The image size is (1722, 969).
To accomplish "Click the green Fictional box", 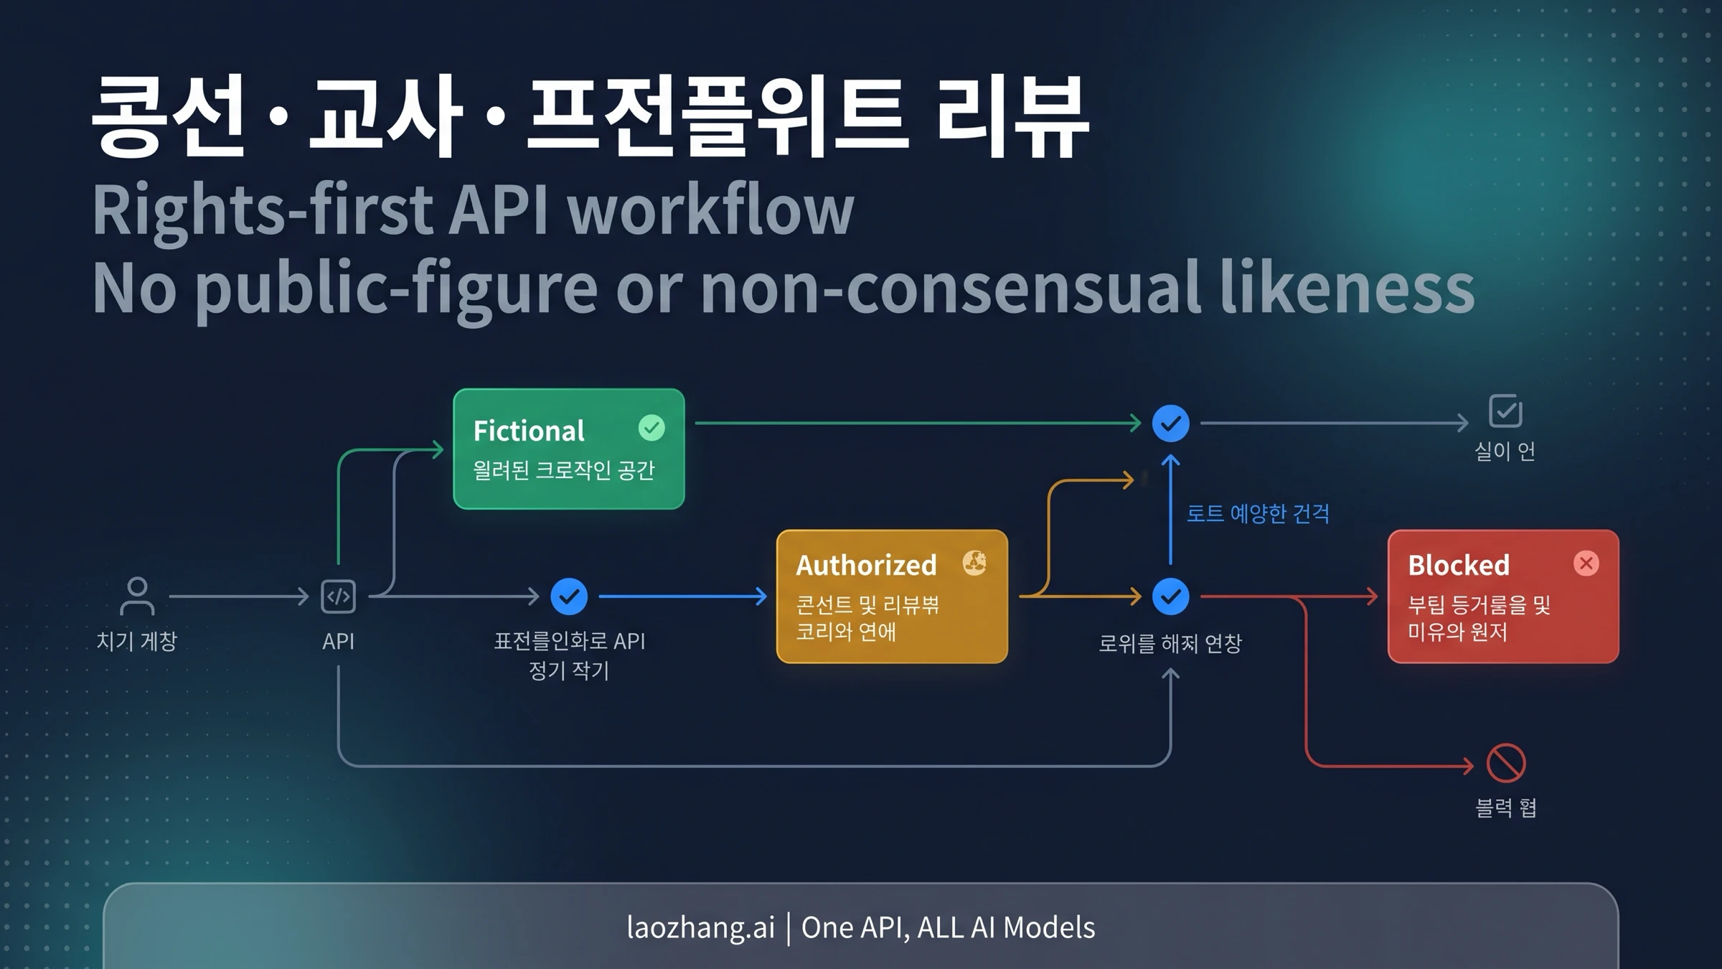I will click(x=568, y=449).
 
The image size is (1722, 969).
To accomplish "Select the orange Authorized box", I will click(x=892, y=596).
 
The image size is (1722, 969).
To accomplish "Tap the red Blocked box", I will click(x=1502, y=596).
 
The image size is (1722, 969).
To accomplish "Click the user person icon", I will click(x=136, y=596).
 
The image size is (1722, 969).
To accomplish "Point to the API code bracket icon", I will click(x=338, y=596).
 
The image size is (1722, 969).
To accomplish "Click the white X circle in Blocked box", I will click(x=1586, y=563).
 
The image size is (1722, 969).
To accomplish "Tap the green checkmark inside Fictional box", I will click(x=651, y=428).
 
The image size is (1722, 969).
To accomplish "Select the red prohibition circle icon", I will click(x=1505, y=763).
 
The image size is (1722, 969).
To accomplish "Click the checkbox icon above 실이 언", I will click(x=1505, y=411).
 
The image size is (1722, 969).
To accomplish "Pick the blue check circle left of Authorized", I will click(x=569, y=596).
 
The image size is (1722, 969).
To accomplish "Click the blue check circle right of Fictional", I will click(x=1170, y=423).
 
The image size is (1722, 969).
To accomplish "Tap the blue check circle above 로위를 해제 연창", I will click(x=1170, y=596).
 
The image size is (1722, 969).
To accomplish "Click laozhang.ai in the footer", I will click(x=700, y=927).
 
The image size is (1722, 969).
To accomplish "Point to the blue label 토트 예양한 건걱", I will click(x=1258, y=514).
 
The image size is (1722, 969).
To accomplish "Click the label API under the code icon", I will click(x=338, y=641).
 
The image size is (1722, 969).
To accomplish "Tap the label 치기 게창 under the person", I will click(x=136, y=641).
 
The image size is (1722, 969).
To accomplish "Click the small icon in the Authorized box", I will click(x=974, y=563).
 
